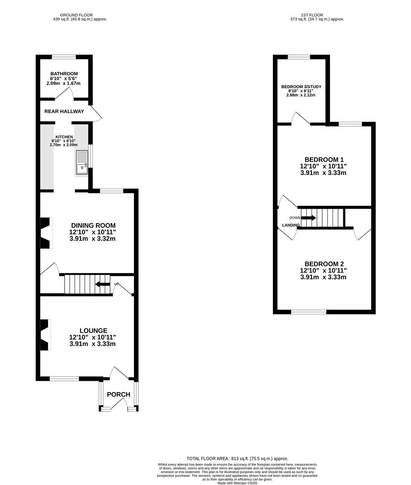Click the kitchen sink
[x=82, y=163]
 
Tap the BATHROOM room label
[x=64, y=74]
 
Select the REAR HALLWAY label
[x=64, y=111]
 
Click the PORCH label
[x=119, y=394]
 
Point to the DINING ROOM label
[x=93, y=225]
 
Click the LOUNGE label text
[x=93, y=331]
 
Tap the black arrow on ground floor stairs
[x=102, y=284]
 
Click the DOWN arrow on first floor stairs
[x=308, y=218]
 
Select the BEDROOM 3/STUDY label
[x=301, y=87]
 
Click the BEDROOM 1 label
[x=324, y=159]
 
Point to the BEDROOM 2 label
[x=324, y=264]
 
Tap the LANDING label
[x=291, y=225]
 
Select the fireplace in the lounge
[x=45, y=335]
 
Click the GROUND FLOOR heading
[x=76, y=15]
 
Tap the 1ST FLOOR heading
[x=312, y=15]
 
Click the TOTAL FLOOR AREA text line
[x=237, y=459]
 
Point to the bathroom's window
[x=64, y=57]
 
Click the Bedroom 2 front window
[x=308, y=312]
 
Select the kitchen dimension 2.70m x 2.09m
[x=64, y=145]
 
